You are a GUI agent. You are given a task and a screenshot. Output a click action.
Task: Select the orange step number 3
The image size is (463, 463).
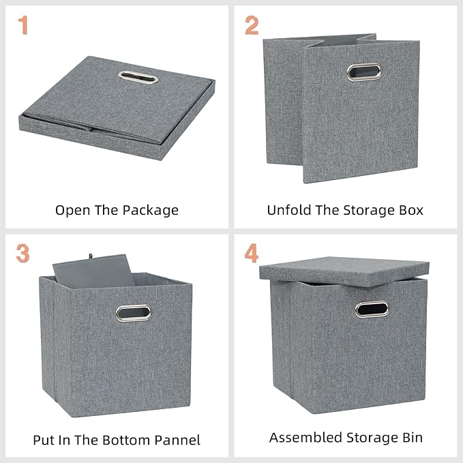(23, 253)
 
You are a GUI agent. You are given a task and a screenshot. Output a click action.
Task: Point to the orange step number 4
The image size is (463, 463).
(252, 253)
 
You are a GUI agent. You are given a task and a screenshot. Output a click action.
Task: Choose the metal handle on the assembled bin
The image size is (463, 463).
(372, 309)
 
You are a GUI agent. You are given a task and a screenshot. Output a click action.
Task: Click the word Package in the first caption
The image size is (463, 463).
(150, 210)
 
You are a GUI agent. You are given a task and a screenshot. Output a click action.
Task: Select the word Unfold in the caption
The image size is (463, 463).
(286, 210)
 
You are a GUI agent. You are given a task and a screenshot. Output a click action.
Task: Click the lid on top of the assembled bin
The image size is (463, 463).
(344, 267)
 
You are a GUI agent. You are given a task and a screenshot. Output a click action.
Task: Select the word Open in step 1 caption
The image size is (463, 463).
(72, 210)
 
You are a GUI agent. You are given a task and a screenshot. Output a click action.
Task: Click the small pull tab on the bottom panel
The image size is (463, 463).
(89, 257)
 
